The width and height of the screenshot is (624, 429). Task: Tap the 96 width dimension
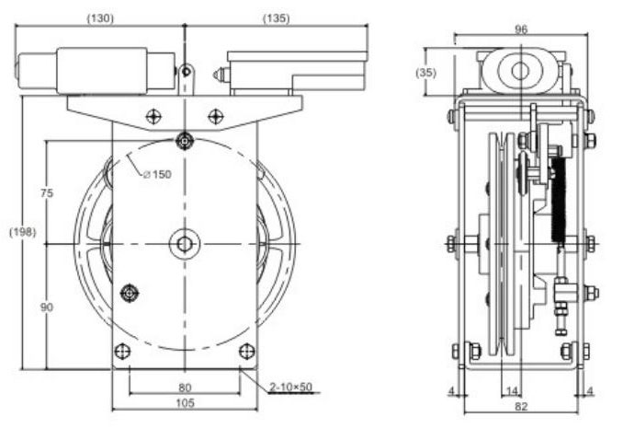[x=520, y=29]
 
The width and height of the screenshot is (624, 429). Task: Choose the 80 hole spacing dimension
[x=185, y=388]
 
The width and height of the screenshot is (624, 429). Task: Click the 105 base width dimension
[x=185, y=403]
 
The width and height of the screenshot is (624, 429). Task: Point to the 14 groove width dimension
[x=511, y=391]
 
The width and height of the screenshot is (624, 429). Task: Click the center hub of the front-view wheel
[x=185, y=243]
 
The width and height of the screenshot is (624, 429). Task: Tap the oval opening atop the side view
[x=520, y=70]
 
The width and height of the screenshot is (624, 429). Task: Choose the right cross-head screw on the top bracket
[x=215, y=116]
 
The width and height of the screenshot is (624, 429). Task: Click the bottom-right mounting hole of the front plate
[x=245, y=351]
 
